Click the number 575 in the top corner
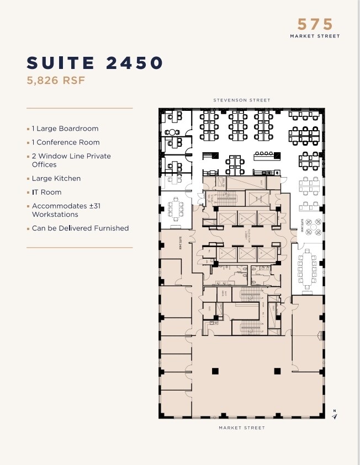pyautogui.click(x=316, y=24)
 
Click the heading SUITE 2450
pyautogui.click(x=95, y=63)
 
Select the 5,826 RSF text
pyautogui.click(x=56, y=81)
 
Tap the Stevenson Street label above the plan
pyautogui.click(x=242, y=100)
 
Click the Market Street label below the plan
pyautogui.click(x=241, y=428)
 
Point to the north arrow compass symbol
pyautogui.click(x=334, y=415)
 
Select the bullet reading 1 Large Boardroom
pyautogui.click(x=65, y=129)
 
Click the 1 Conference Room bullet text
pyautogui.click(x=65, y=142)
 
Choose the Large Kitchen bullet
pyautogui.click(x=56, y=178)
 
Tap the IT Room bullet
pyautogui.click(x=46, y=192)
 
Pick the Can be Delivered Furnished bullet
pyautogui.click(x=80, y=228)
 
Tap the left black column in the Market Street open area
pyautogui.click(x=215, y=371)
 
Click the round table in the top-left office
pyautogui.click(x=172, y=132)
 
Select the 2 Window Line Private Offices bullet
pyautogui.click(x=71, y=160)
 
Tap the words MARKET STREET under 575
pyautogui.click(x=315, y=36)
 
